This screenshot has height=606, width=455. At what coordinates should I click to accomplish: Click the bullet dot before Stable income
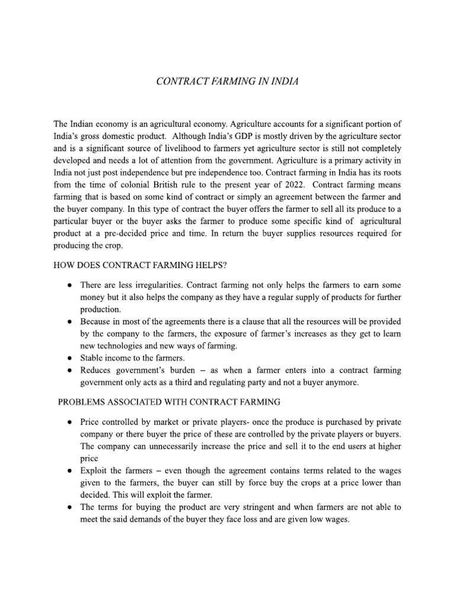(69, 358)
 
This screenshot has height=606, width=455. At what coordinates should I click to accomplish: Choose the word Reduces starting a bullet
(96, 370)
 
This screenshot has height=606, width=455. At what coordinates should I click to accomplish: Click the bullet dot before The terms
(69, 507)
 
